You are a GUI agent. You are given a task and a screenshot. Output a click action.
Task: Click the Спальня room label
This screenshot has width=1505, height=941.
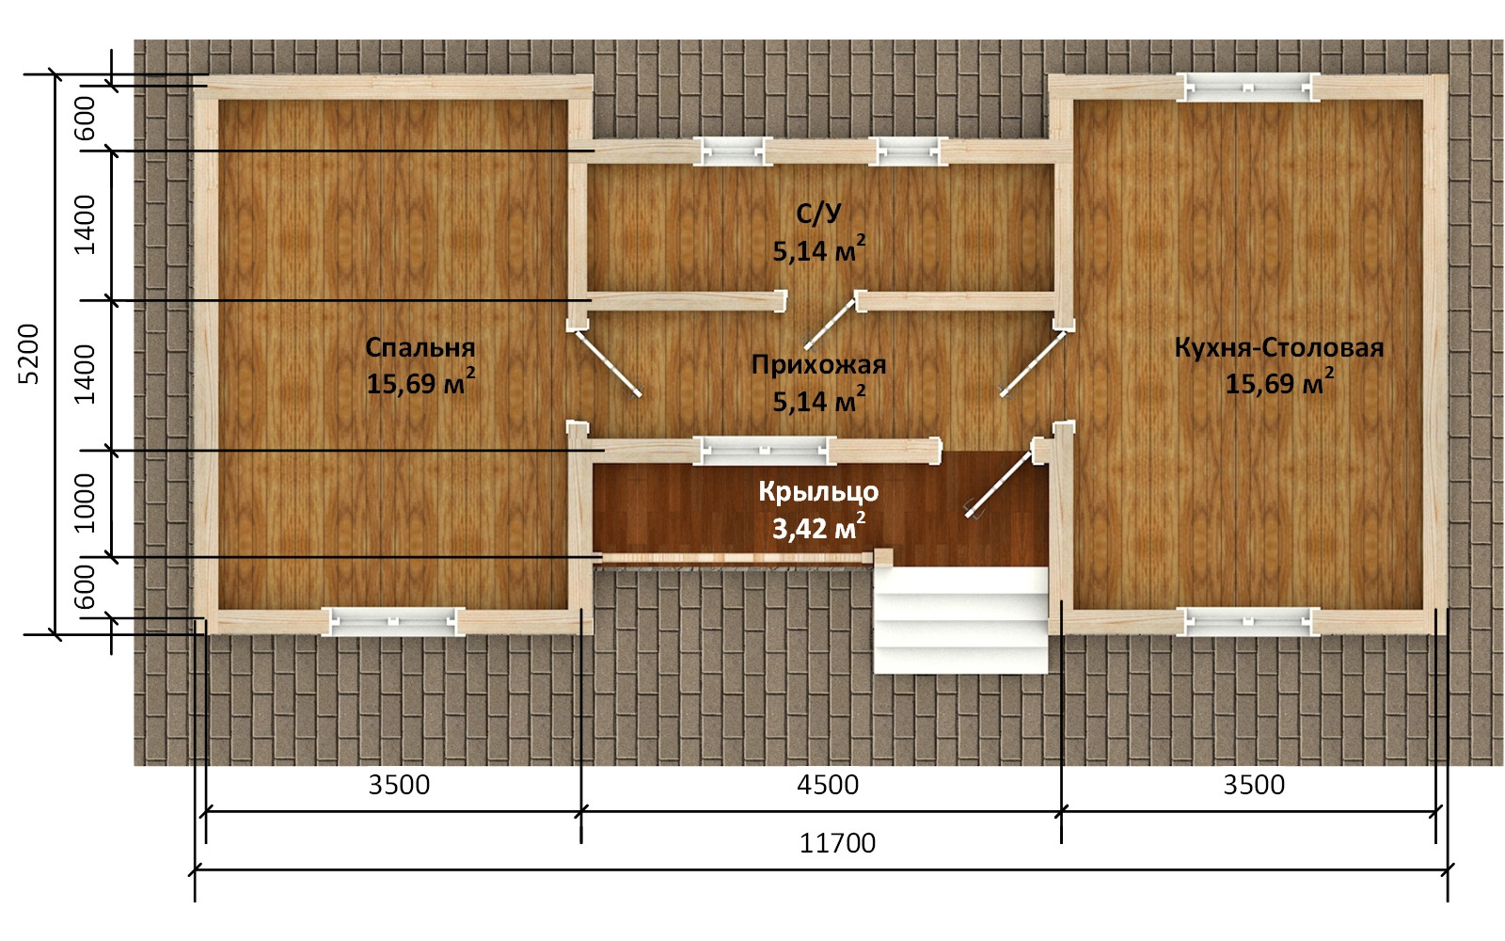coord(420,347)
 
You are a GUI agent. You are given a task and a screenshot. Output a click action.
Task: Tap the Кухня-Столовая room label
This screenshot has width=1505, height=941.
coord(1278,347)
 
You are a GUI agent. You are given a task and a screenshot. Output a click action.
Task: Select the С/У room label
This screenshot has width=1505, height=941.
coord(818,214)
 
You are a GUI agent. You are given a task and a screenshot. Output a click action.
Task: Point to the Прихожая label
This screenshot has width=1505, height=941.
coord(818,364)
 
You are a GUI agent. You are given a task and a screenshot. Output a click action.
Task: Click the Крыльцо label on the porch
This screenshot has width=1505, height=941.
coord(818,491)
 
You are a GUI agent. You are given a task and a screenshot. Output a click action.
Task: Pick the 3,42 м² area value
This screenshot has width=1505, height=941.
coord(818,528)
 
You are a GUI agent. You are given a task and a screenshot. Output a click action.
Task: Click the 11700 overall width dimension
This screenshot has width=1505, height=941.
coord(837,843)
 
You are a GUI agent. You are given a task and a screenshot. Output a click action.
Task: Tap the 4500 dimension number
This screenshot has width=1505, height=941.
coord(828,785)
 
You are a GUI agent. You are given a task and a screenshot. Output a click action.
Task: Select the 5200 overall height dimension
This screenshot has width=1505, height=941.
coord(28,354)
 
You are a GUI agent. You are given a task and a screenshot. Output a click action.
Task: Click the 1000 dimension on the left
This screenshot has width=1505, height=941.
coord(85,502)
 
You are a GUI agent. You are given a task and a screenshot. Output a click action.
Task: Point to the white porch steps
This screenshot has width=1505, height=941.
coord(960,620)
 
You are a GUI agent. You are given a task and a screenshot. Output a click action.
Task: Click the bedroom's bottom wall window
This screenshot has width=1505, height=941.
coord(393,622)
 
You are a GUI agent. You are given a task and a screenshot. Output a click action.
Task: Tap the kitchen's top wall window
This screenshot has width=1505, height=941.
coord(1247,88)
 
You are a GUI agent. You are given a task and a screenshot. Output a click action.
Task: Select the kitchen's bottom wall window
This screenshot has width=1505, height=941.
coord(1247,622)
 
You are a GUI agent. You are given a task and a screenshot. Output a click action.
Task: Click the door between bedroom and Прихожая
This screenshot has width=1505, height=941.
coord(606,361)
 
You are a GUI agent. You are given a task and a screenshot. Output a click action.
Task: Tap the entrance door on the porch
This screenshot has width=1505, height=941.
coord(998,484)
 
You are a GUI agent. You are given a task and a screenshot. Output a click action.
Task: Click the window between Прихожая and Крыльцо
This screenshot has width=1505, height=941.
coord(764,451)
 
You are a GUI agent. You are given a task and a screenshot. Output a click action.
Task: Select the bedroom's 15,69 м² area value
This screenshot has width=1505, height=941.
coord(420,382)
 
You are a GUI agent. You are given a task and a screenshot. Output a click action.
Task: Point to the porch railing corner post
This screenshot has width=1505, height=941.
coord(883,557)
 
